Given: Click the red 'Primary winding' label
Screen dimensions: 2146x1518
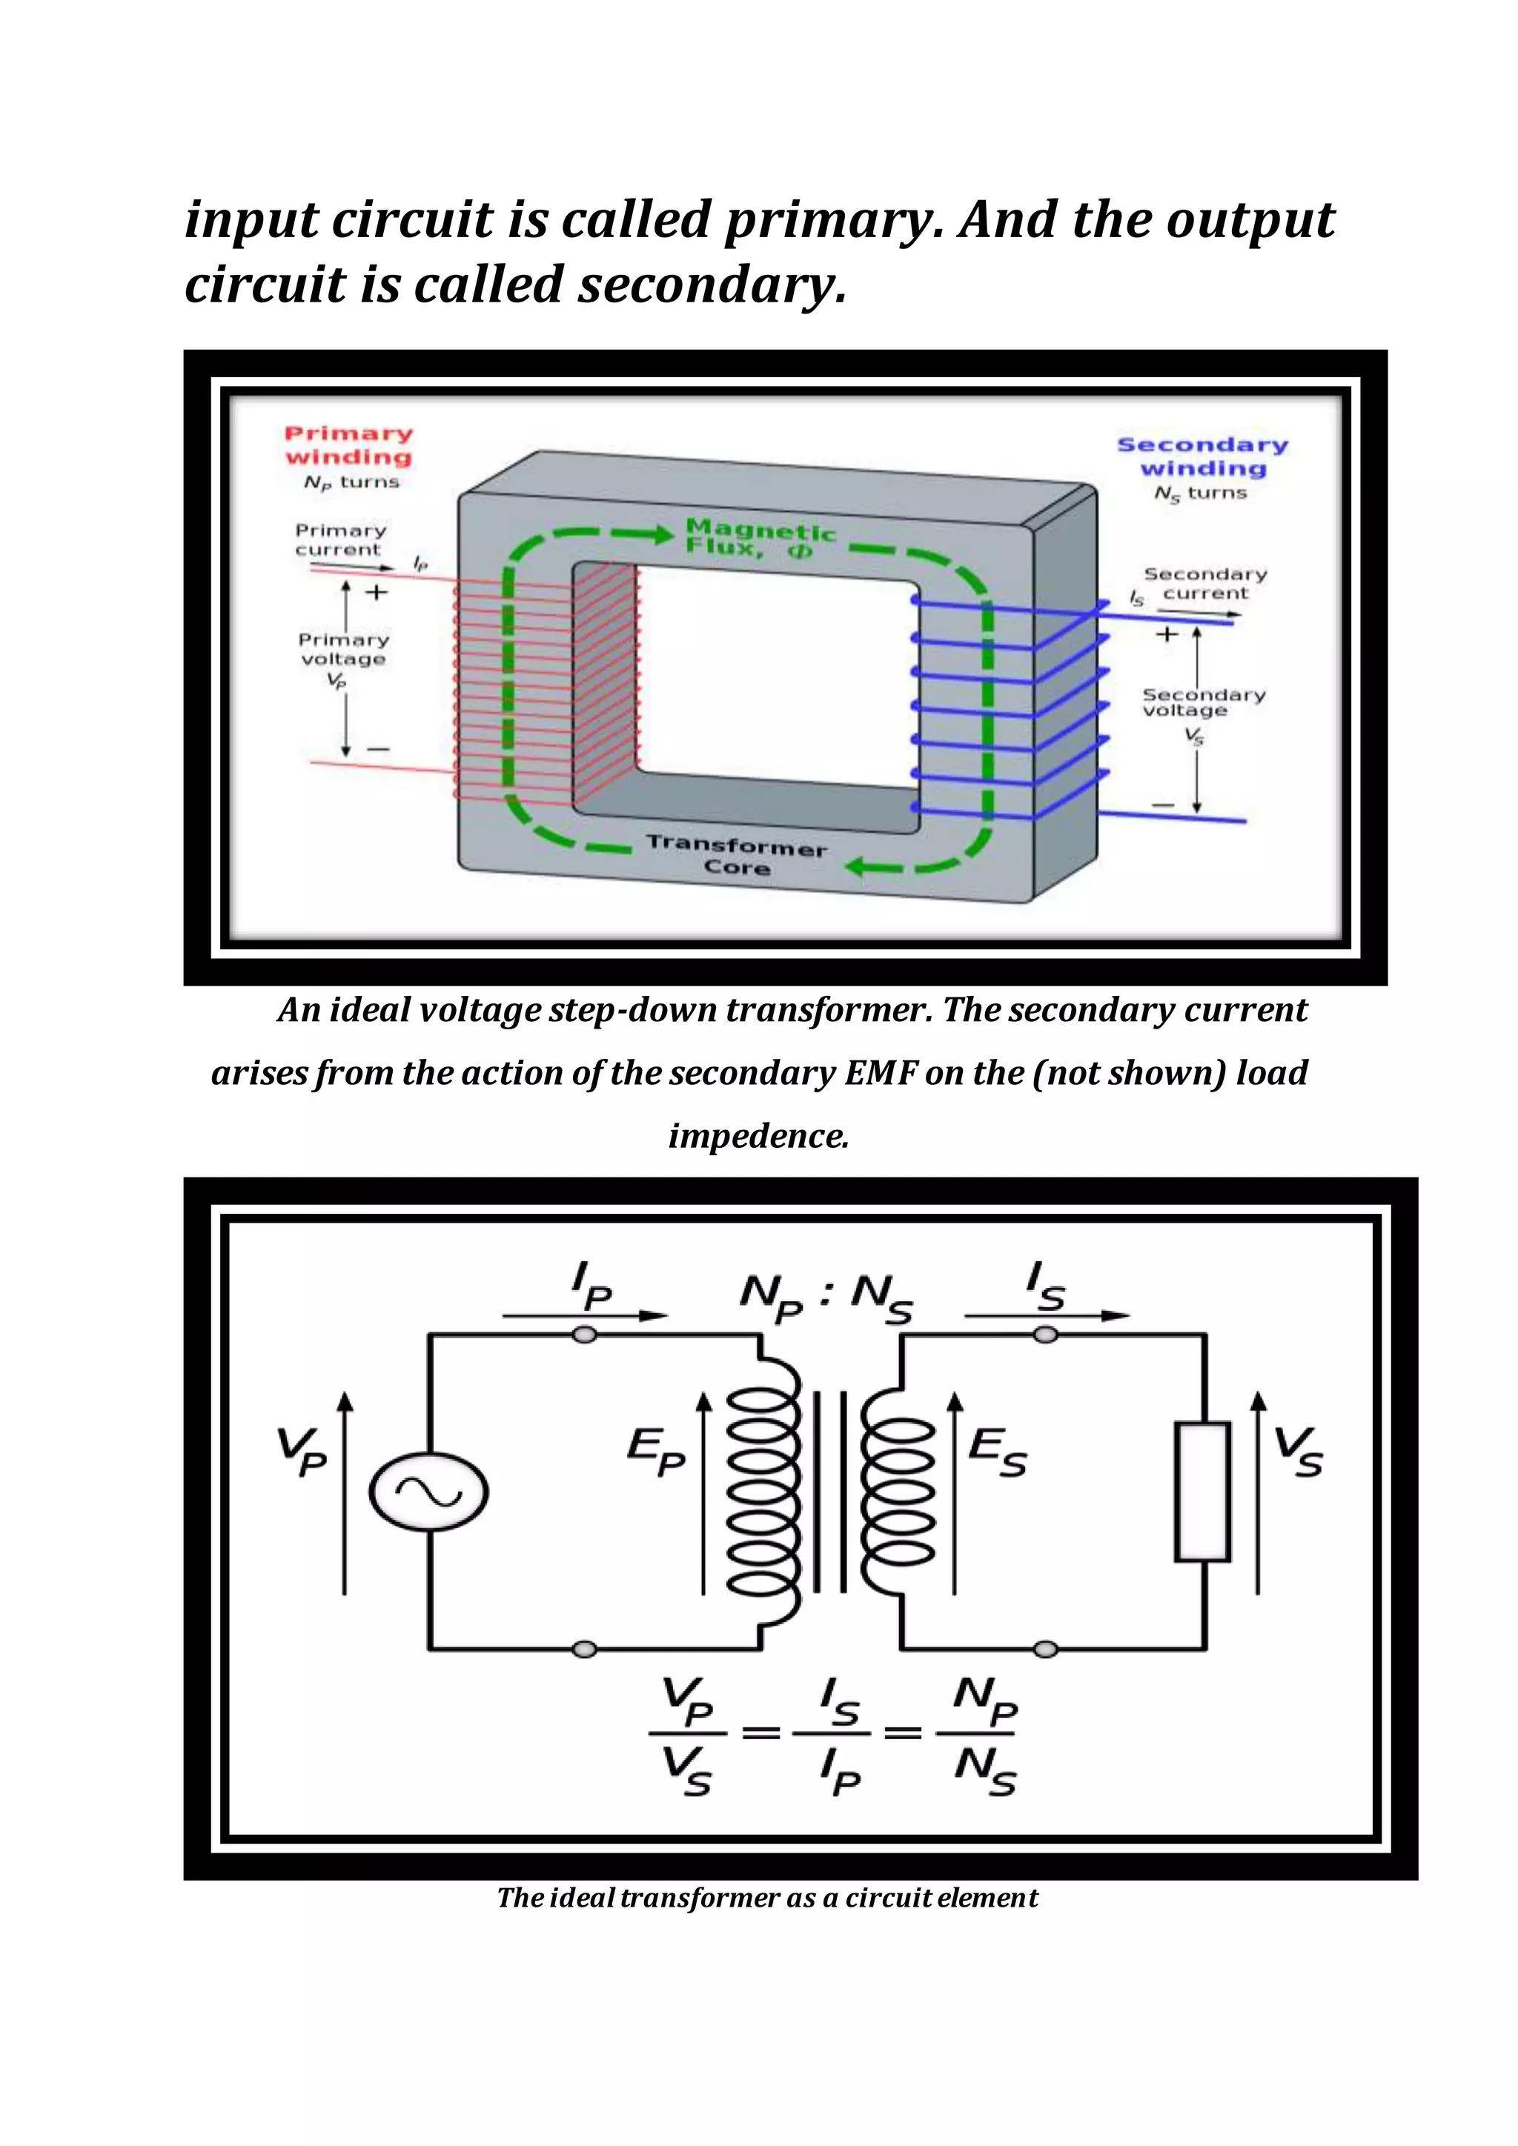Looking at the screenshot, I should [348, 446].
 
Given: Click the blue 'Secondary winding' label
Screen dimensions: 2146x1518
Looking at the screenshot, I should [1202, 457].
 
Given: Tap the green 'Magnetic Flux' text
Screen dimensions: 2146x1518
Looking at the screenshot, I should [759, 539].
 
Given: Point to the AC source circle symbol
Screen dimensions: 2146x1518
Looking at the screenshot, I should [428, 1492].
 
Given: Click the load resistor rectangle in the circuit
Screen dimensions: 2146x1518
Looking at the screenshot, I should [1202, 1492].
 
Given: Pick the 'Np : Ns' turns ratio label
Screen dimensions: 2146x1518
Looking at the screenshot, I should [826, 1298].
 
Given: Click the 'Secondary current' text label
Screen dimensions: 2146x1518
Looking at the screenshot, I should [1205, 584].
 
